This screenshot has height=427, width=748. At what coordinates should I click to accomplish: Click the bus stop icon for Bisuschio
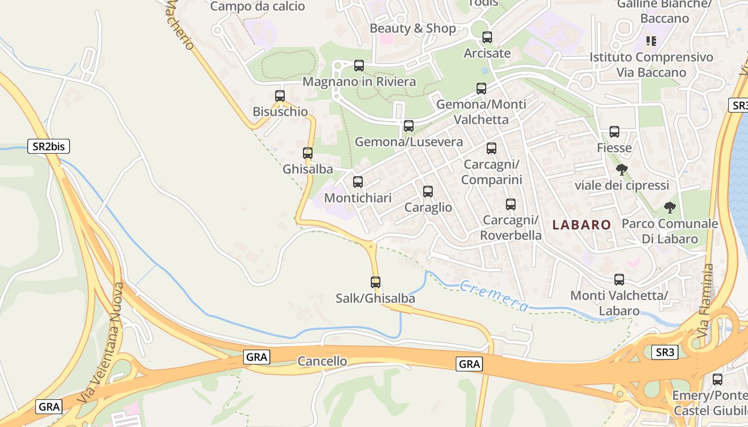(280, 96)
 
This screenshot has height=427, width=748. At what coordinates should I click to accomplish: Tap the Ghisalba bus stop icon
(308, 153)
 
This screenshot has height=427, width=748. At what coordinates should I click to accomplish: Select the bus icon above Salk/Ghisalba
(376, 282)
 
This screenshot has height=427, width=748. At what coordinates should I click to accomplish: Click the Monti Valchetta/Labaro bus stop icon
(619, 279)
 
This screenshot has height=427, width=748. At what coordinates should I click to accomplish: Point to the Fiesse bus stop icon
(614, 132)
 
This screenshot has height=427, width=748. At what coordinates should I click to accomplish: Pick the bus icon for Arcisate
(487, 37)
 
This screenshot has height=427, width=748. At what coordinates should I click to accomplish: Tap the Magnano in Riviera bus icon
(359, 66)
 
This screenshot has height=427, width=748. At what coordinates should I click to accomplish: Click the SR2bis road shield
(49, 146)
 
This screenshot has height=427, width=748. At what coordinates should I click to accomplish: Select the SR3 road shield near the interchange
(665, 352)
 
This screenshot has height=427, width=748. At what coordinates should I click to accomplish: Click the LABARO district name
(581, 225)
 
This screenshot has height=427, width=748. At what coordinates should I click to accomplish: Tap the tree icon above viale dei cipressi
(621, 170)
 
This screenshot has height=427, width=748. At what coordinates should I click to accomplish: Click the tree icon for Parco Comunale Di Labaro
(669, 208)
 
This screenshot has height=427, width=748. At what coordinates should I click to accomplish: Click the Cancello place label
(322, 361)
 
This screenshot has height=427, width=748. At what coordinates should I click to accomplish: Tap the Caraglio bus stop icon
(428, 192)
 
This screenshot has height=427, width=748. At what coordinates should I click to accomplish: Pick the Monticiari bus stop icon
(358, 182)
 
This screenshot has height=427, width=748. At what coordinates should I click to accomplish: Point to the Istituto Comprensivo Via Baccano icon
(651, 41)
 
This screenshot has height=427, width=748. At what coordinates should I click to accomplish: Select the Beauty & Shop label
(413, 28)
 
